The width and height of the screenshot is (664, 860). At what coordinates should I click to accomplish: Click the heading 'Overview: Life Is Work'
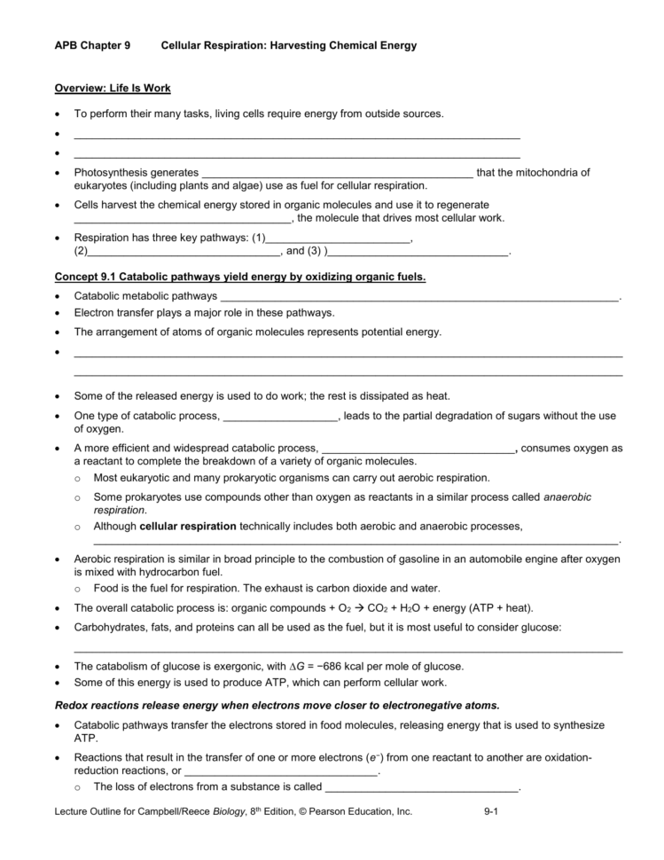pyautogui.click(x=113, y=89)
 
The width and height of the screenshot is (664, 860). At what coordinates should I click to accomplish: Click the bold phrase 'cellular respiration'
pyautogui.click(x=188, y=526)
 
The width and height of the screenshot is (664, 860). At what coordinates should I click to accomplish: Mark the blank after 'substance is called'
pyautogui.click(x=422, y=787)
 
